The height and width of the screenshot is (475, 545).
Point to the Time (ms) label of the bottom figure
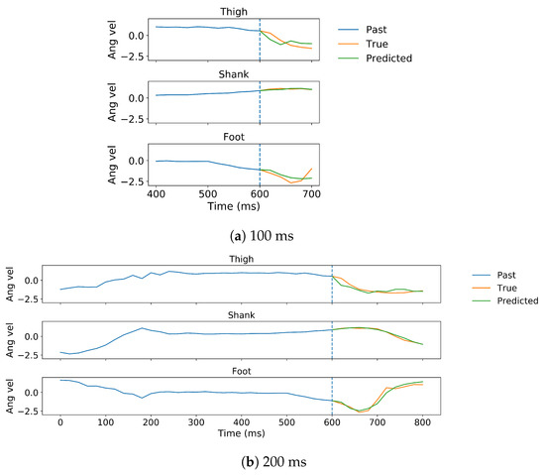pyautogui.click(x=241, y=434)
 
